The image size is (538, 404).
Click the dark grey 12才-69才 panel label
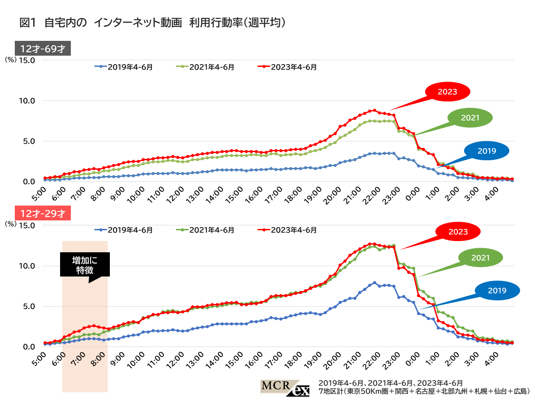pyautogui.click(x=43, y=48)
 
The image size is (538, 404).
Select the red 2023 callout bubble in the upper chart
pyautogui.click(x=447, y=92)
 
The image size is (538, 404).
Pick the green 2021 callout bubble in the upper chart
pyautogui.click(x=470, y=118)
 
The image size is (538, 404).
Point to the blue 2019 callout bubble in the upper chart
pyautogui.click(x=487, y=151)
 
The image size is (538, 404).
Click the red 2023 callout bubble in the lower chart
pyautogui.click(x=458, y=232)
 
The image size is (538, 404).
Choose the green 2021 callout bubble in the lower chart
pyautogui.click(x=480, y=258)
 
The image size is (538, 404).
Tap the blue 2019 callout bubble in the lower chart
pyautogui.click(x=497, y=291)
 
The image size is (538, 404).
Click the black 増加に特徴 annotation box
pyautogui.click(x=85, y=265)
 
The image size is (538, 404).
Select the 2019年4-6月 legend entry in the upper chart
pyautogui.click(x=124, y=67)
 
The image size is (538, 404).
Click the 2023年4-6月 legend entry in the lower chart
pyautogui.click(x=289, y=230)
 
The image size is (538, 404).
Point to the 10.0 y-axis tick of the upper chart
pyautogui.click(x=26, y=101)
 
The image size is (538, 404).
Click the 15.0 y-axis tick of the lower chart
pyautogui.click(x=26, y=225)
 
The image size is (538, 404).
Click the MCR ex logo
pyautogui.click(x=285, y=388)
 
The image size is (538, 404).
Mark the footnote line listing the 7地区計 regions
pyautogui.click(x=424, y=391)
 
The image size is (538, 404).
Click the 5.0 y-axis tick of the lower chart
pyautogui.click(x=28, y=307)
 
